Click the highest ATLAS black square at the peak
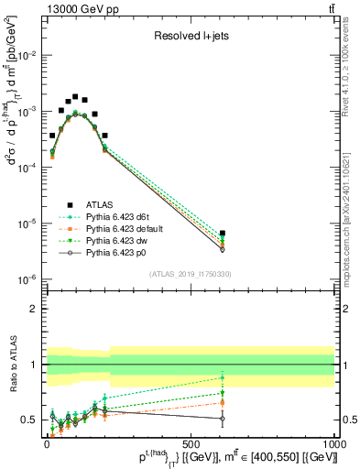[x=75, y=96]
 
